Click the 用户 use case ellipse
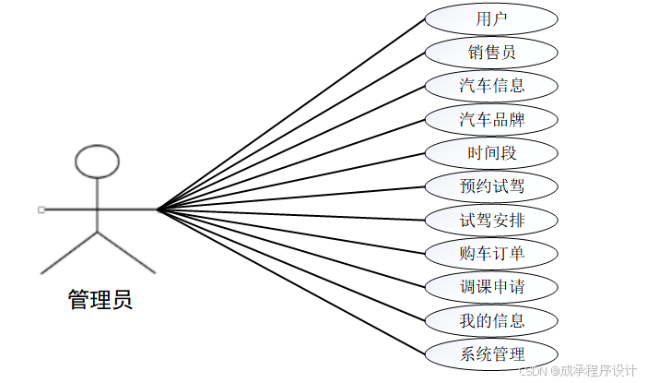coord(491,18)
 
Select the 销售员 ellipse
coord(491,52)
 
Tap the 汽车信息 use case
coord(491,86)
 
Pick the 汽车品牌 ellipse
coord(491,119)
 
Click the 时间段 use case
coord(491,152)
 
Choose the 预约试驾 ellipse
coord(491,186)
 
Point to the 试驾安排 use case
coord(491,220)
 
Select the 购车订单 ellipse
coord(491,253)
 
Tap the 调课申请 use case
coord(491,286)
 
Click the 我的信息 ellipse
coord(491,320)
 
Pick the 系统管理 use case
coord(491,353)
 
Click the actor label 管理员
coord(100,300)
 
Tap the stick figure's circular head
coord(97,162)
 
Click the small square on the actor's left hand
coord(41,210)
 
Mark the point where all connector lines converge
coord(158,209)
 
